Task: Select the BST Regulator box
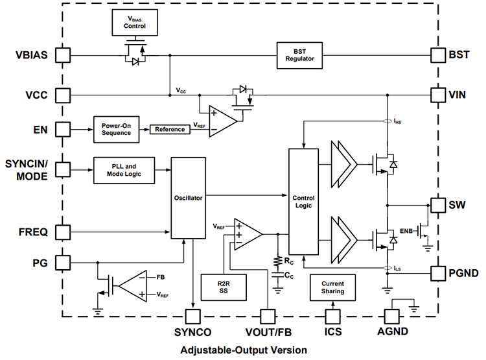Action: (x=299, y=54)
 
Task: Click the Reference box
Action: (x=170, y=129)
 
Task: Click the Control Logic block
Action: (x=303, y=202)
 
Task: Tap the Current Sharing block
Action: (x=332, y=287)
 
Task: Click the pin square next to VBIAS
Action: (x=63, y=54)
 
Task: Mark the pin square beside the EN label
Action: (x=63, y=129)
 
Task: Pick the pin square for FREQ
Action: (x=63, y=232)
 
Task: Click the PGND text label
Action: (x=463, y=273)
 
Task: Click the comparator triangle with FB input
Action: (x=133, y=285)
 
